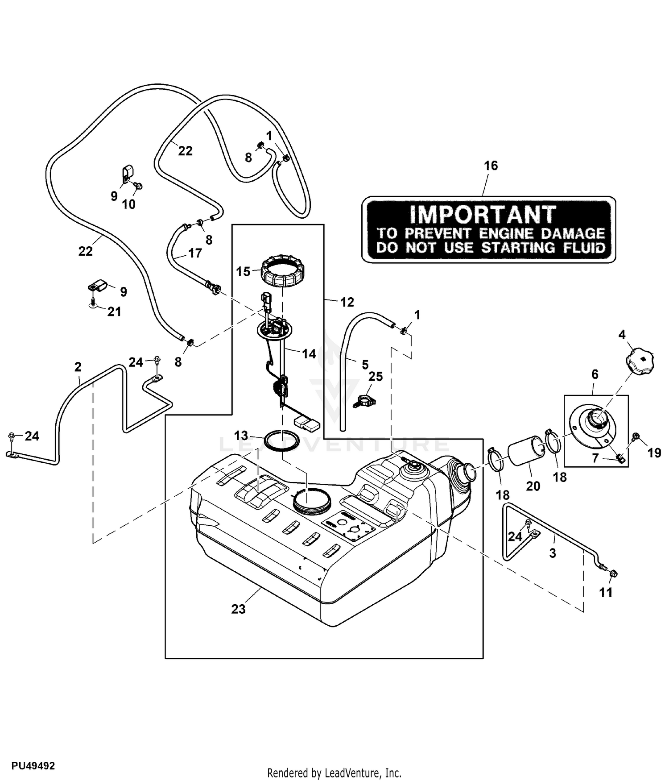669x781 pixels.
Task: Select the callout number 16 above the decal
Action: tap(491, 166)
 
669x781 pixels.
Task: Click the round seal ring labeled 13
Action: tap(282, 440)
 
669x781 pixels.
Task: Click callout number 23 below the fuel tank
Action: tap(238, 609)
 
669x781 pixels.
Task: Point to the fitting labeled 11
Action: tap(613, 573)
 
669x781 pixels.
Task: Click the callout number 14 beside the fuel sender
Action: tap(309, 354)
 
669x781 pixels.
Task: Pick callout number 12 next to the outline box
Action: tap(347, 302)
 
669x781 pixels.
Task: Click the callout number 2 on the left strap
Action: tap(78, 367)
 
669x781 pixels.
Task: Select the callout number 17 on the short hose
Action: tap(195, 253)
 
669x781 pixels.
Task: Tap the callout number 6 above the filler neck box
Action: tap(595, 374)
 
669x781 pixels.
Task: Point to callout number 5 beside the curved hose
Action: tap(365, 365)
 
